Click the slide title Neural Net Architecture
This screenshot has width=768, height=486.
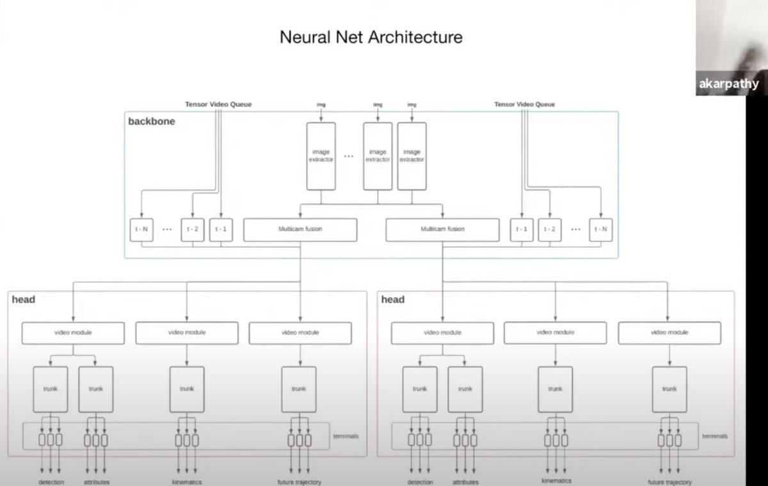371,37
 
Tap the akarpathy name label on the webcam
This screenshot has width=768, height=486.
729,83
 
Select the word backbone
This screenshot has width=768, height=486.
152,121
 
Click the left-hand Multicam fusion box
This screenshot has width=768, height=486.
300,229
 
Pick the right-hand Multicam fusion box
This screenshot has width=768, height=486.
442,229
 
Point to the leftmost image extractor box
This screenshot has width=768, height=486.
321,156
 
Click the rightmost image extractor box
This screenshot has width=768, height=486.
412,156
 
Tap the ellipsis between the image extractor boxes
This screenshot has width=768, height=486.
349,156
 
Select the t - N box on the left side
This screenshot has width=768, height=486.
141,229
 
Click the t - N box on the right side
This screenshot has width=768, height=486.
601,229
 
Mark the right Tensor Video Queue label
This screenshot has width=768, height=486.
525,104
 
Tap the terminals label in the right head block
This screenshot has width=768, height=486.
714,435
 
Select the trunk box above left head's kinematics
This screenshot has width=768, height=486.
187,389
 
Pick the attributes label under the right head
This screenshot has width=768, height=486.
465,482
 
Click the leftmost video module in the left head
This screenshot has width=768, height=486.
73,333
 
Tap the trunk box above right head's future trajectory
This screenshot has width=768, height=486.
669,389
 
